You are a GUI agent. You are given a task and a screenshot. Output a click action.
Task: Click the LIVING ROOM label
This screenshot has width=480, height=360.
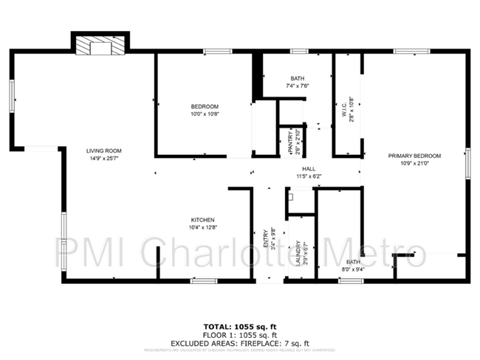[103, 150]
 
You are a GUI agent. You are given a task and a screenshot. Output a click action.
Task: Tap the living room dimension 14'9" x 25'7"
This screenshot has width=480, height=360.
[103, 158]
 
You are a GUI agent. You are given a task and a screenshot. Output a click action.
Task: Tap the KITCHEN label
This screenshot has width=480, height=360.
[203, 220]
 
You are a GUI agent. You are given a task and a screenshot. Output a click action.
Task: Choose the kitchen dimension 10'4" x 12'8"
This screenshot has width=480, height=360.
[203, 228]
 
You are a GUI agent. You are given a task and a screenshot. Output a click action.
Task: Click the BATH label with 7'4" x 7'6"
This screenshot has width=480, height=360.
[297, 78]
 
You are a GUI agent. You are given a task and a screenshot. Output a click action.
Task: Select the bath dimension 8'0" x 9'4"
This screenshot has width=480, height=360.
[354, 269]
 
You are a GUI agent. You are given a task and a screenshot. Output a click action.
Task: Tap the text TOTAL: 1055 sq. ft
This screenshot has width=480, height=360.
[239, 325]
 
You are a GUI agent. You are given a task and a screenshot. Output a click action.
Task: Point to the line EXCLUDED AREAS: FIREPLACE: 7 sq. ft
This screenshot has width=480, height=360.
[239, 342]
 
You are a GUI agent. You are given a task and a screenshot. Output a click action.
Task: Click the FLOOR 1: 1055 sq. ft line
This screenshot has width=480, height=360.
[239, 333]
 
